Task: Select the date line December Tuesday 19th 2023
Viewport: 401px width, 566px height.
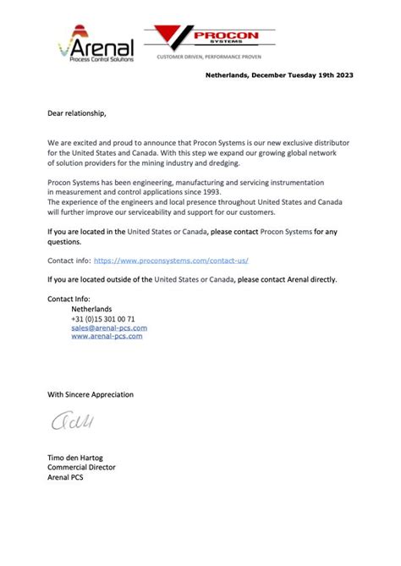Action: [279, 75]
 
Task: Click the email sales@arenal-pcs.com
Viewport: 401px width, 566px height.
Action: [109, 327]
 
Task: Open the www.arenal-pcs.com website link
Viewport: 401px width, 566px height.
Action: [107, 337]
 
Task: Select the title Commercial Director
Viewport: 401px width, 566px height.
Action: [81, 467]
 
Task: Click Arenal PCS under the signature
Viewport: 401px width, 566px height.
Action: [65, 476]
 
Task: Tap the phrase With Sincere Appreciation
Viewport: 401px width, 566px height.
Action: [90, 394]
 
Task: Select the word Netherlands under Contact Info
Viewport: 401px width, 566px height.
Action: [91, 310]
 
